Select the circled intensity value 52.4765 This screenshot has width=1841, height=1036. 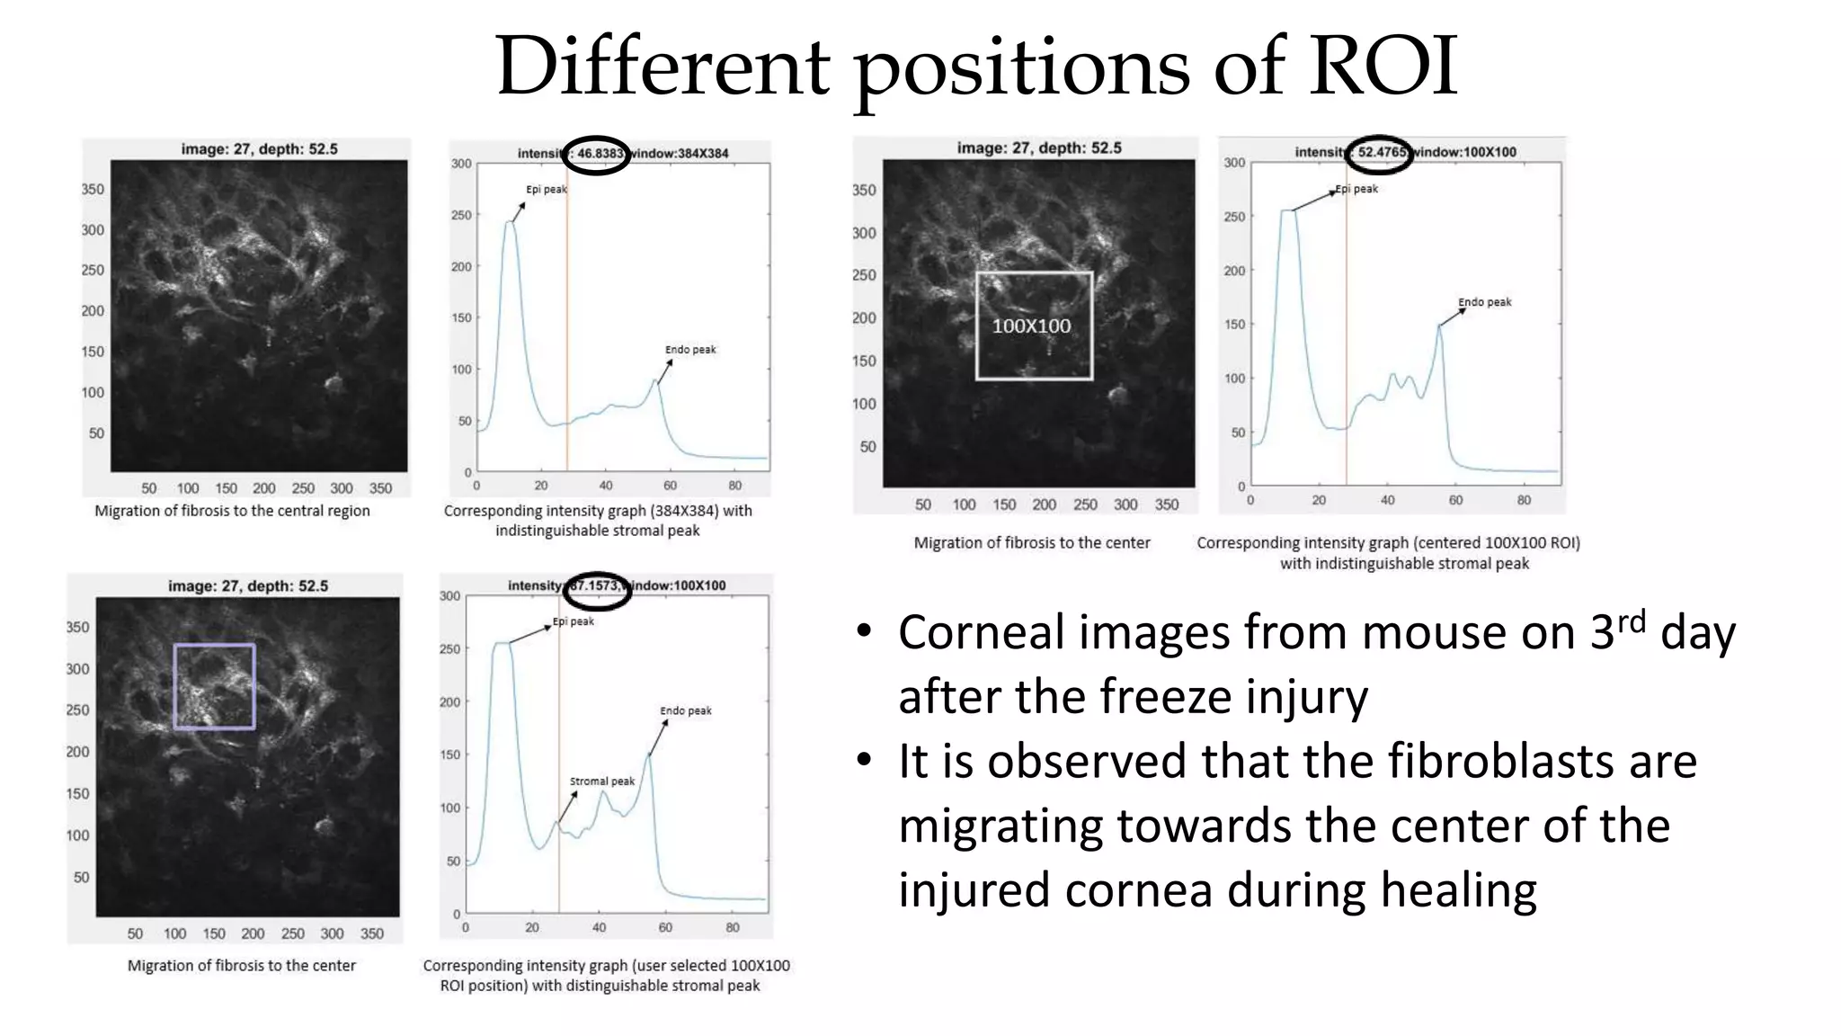1381,152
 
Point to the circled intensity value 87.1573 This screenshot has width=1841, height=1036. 598,586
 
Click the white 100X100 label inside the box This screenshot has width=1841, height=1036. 1031,326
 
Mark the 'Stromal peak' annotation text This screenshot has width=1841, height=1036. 601,781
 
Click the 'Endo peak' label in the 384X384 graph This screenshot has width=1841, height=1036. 690,350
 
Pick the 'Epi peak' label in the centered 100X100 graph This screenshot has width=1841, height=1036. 1356,189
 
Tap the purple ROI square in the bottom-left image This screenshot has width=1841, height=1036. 214,686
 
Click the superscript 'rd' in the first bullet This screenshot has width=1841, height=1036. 1631,621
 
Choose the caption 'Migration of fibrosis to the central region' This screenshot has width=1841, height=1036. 232,511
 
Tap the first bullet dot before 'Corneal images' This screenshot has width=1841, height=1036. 864,632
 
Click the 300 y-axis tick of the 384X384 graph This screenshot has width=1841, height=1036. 461,164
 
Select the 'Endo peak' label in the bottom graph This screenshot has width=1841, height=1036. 685,711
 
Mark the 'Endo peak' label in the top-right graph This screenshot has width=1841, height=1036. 1484,302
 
